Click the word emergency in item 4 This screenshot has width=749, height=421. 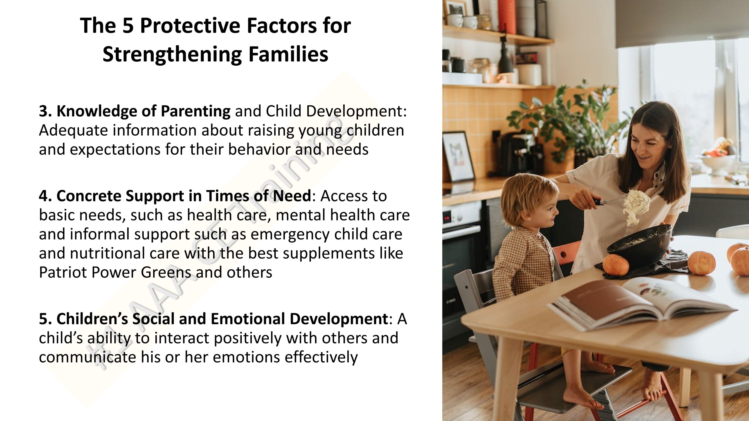[x=290, y=235]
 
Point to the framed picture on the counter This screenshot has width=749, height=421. [x=458, y=156]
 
